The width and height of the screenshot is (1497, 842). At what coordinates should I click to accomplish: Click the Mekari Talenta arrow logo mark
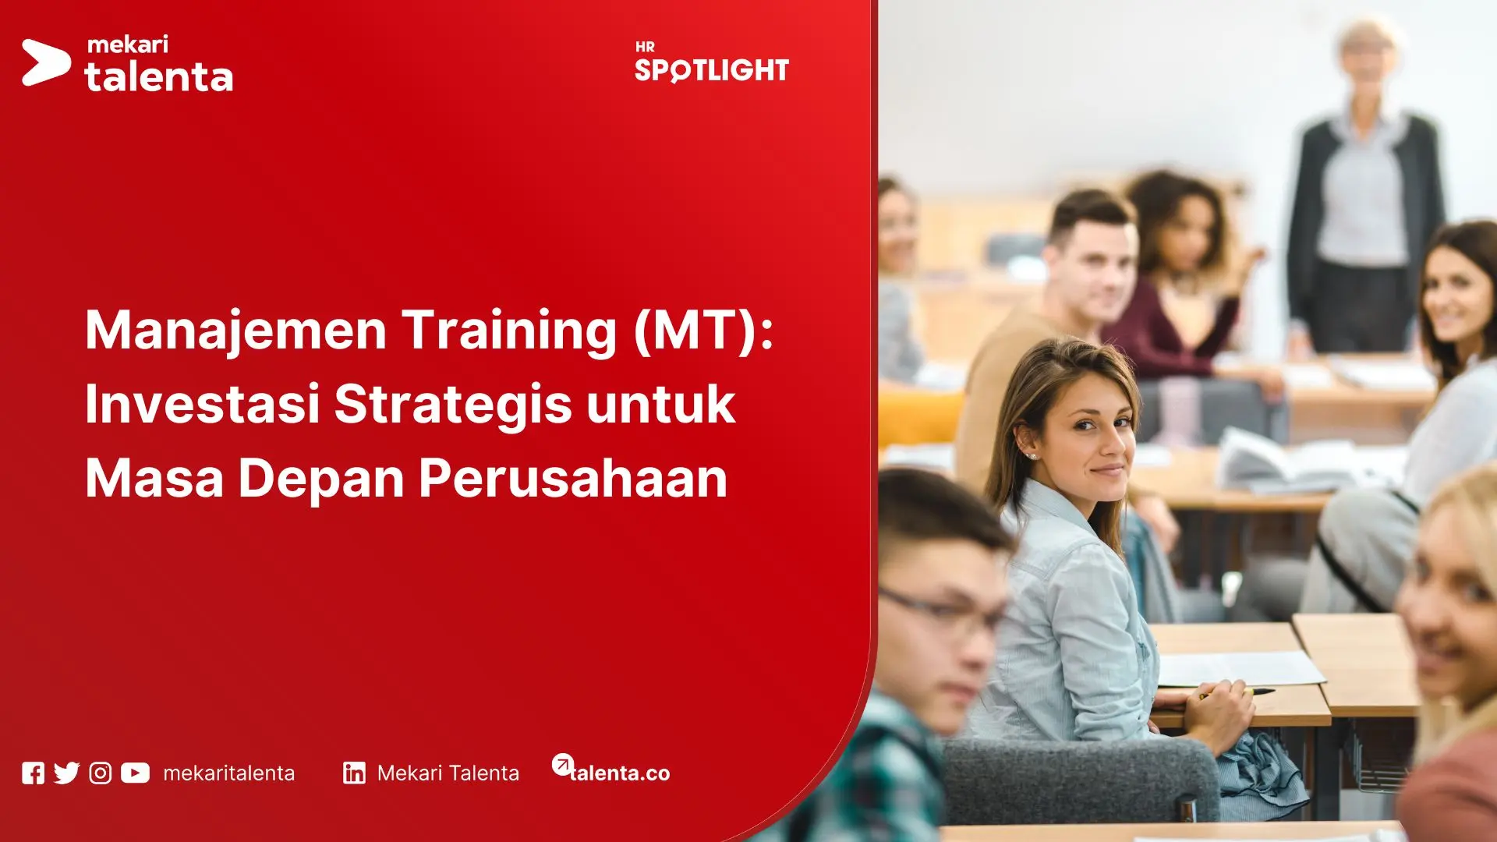(45, 62)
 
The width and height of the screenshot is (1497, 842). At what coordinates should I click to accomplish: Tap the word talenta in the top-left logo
(159, 77)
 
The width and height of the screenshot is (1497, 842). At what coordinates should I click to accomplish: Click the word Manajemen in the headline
(235, 331)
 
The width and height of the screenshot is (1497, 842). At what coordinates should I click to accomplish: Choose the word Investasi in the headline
(203, 404)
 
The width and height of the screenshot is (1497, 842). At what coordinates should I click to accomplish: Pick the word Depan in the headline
(320, 477)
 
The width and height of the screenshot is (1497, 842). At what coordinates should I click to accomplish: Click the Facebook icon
(33, 773)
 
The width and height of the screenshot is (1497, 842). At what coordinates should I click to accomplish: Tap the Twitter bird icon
(67, 773)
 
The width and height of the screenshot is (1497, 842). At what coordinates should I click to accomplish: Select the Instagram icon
(101, 773)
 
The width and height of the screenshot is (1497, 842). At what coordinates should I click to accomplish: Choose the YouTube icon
(135, 773)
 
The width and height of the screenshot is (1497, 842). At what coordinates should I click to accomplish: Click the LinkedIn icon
(354, 773)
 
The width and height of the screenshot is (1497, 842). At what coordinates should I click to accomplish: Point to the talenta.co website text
(620, 773)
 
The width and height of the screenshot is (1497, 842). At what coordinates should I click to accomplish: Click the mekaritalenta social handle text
(229, 773)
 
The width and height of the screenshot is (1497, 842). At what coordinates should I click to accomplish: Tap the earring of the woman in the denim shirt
(1033, 456)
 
